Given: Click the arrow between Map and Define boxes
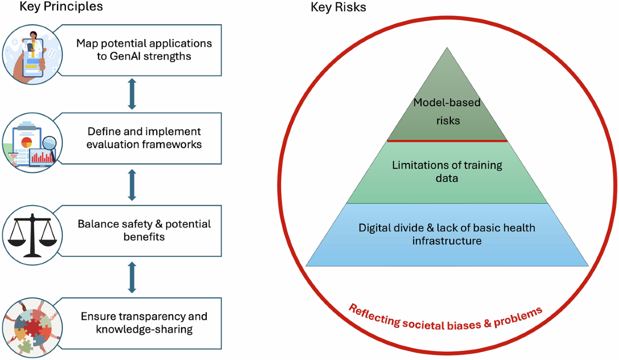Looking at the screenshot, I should [132, 94].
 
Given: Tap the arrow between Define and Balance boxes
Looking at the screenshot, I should [132, 184].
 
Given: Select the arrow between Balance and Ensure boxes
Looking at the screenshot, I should [132, 277].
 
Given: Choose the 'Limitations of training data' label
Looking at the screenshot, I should [447, 172].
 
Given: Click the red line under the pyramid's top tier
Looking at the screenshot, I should [447, 140].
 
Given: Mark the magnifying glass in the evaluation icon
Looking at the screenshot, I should [50, 141].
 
